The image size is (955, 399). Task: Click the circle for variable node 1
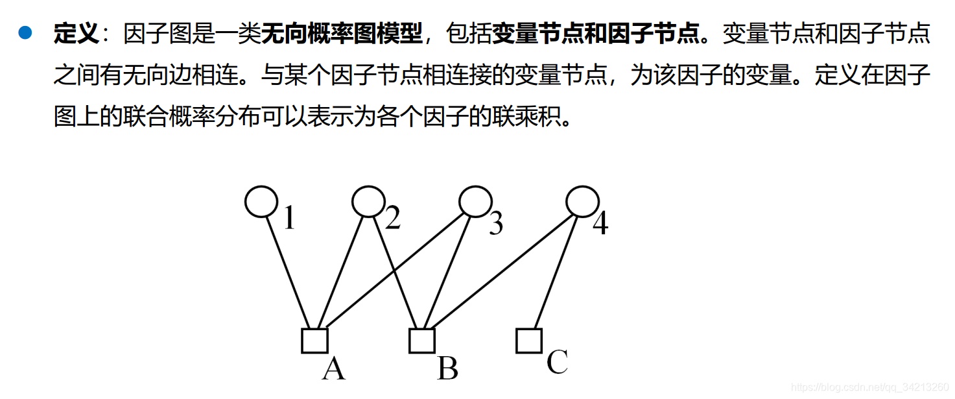[x=261, y=202]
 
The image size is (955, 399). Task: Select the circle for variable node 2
[x=368, y=202]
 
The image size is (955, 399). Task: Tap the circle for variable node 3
[x=475, y=202]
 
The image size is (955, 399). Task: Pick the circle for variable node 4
[x=582, y=202]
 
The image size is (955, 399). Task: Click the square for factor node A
[x=314, y=340]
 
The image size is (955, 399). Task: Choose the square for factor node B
[x=421, y=340]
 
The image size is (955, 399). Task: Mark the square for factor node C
[x=528, y=340]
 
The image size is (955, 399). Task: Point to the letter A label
[x=334, y=369]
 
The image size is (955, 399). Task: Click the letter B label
[x=448, y=369]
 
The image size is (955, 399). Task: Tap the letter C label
[x=557, y=362]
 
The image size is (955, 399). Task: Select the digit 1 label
[x=289, y=219]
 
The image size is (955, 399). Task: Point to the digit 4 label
[x=600, y=224]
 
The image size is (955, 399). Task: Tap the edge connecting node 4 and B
[x=502, y=272]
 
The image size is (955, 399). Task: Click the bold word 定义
[x=75, y=33]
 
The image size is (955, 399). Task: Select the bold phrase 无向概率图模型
[x=342, y=33]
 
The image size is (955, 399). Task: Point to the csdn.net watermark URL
[x=869, y=387]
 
